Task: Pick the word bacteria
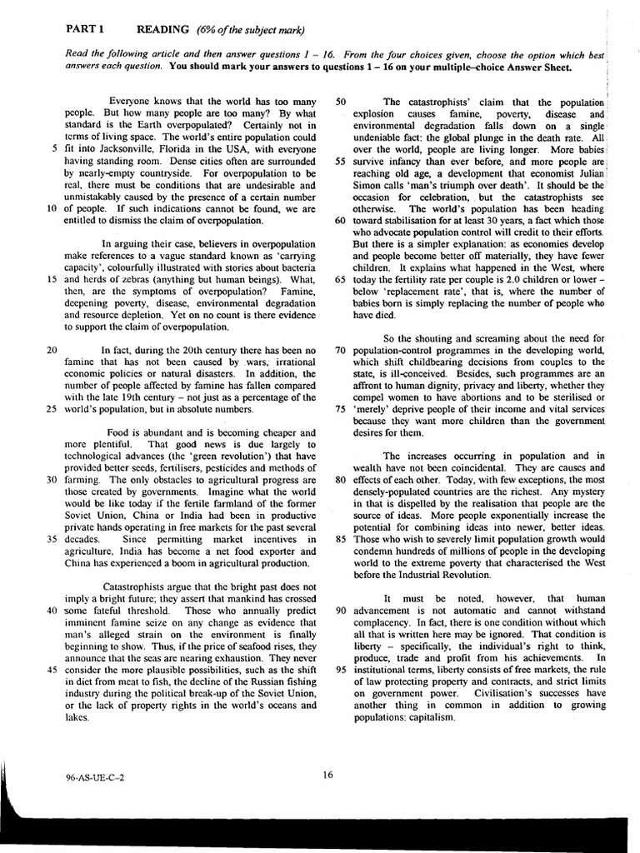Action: click(x=297, y=268)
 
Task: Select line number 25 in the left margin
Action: click(x=50, y=409)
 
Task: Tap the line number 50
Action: click(x=340, y=102)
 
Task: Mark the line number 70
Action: click(x=340, y=351)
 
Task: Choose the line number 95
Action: click(x=340, y=669)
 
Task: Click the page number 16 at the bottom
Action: click(x=327, y=775)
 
